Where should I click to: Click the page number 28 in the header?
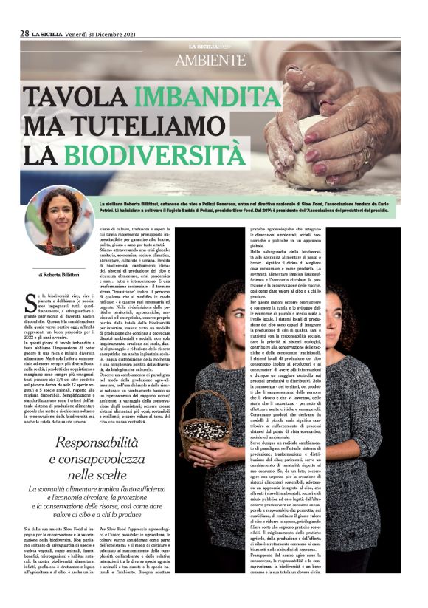point(24,33)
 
